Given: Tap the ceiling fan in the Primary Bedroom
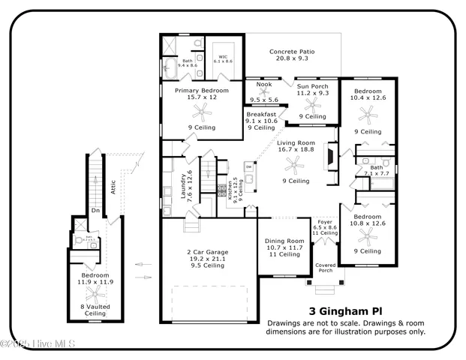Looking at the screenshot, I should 200,112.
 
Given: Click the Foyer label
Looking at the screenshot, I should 325,222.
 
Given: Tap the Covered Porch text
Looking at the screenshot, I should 326,268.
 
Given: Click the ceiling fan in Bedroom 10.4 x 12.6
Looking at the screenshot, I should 367,114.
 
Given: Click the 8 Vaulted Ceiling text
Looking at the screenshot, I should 97,309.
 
